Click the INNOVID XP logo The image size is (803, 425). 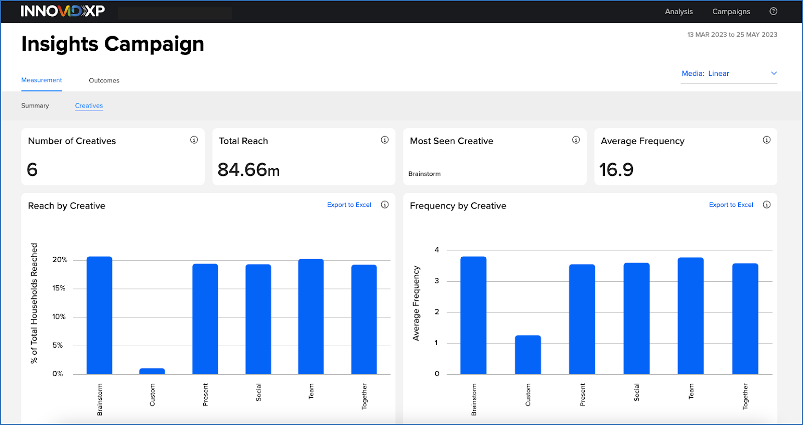click(x=63, y=11)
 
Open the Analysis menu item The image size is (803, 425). click(x=679, y=12)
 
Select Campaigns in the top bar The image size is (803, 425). click(x=731, y=12)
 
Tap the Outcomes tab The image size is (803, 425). click(x=104, y=80)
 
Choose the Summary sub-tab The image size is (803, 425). click(x=35, y=105)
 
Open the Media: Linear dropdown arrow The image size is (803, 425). click(x=773, y=73)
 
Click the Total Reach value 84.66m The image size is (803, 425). click(x=248, y=170)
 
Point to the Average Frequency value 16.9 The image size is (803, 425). click(x=616, y=170)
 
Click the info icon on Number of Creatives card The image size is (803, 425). click(x=194, y=140)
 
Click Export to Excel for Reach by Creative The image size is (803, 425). click(x=349, y=205)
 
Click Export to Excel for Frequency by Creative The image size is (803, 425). click(x=731, y=205)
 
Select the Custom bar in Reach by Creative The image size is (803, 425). click(x=152, y=371)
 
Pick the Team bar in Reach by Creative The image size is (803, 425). click(x=311, y=316)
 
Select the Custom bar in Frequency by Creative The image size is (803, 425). click(x=528, y=355)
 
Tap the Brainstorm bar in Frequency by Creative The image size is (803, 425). click(x=473, y=315)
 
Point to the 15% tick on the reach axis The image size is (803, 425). click(x=59, y=288)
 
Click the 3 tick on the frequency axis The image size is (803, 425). click(x=437, y=281)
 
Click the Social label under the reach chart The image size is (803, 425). click(x=258, y=392)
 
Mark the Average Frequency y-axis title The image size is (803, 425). click(x=416, y=303)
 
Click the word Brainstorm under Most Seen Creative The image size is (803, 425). click(x=424, y=174)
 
